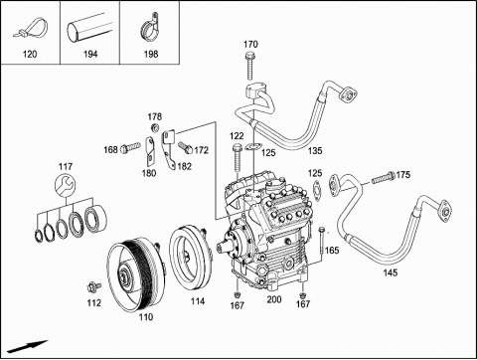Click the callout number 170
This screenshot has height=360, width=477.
[x=250, y=44]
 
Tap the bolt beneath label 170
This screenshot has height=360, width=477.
[x=250, y=66]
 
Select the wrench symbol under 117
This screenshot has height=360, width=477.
[x=66, y=185]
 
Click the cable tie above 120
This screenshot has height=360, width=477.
[x=31, y=28]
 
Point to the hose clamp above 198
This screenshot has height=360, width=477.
[x=150, y=27]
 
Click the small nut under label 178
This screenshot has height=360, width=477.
[x=154, y=127]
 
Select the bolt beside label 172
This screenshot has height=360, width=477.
[x=185, y=147]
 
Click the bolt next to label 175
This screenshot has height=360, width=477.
[x=383, y=178]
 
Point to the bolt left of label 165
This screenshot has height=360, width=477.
[x=321, y=241]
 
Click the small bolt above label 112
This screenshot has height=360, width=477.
[x=94, y=286]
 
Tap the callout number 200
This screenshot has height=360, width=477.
[x=274, y=299]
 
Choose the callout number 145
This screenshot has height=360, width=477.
[x=391, y=272]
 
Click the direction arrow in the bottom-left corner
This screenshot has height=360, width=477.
[x=28, y=346]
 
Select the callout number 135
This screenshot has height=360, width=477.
[x=315, y=151]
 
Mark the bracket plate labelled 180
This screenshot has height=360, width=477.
[x=150, y=151]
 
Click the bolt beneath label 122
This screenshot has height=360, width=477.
[x=237, y=158]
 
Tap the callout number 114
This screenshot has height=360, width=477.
[x=198, y=301]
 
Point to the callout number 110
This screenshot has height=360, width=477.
[x=146, y=317]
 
